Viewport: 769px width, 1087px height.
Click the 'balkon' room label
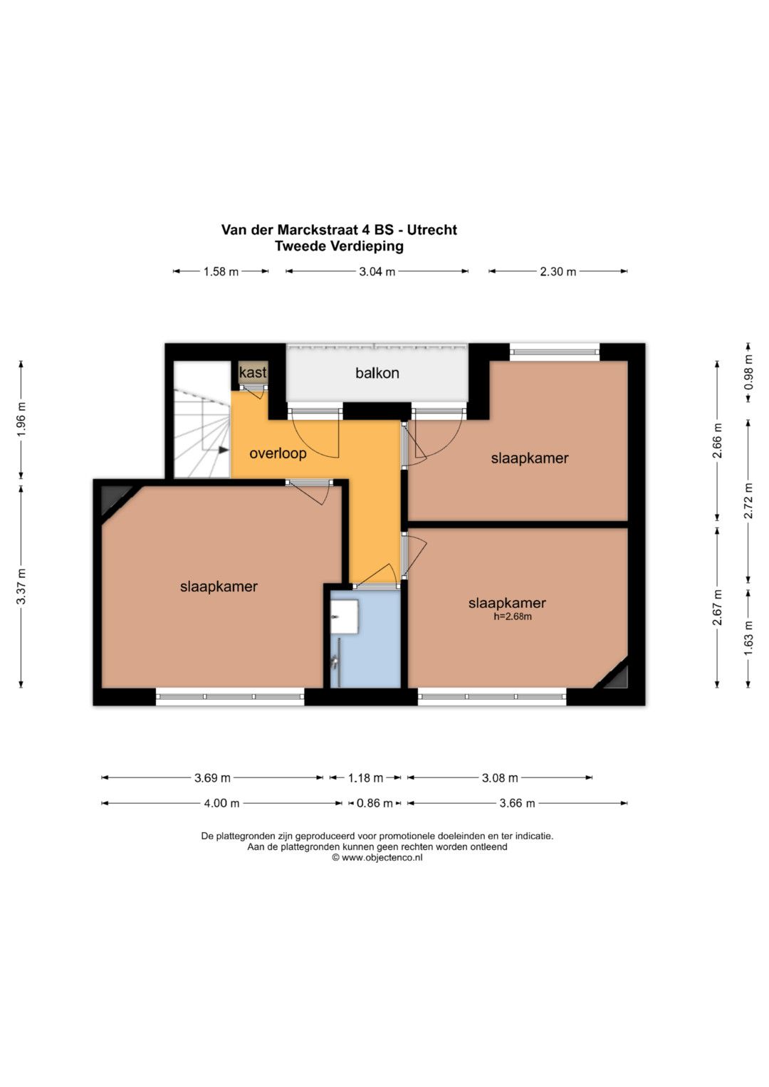pos(377,373)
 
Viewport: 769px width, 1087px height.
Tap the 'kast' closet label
pos(253,372)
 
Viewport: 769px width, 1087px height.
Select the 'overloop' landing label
pos(278,453)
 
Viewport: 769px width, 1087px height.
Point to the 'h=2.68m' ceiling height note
pos(513,616)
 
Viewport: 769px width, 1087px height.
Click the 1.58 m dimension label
pos(221,272)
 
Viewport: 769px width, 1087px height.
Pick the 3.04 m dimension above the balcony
pos(377,272)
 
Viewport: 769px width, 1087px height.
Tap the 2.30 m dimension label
pos(558,272)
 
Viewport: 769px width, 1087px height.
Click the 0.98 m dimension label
pos(748,373)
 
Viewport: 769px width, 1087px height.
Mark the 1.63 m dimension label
pos(748,638)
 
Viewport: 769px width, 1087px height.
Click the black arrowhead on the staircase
pos(224,450)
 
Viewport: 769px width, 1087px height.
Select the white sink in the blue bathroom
pos(344,616)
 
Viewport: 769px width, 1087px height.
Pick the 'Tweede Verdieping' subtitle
pos(339,246)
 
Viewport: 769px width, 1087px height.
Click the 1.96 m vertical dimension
pos(21,419)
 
